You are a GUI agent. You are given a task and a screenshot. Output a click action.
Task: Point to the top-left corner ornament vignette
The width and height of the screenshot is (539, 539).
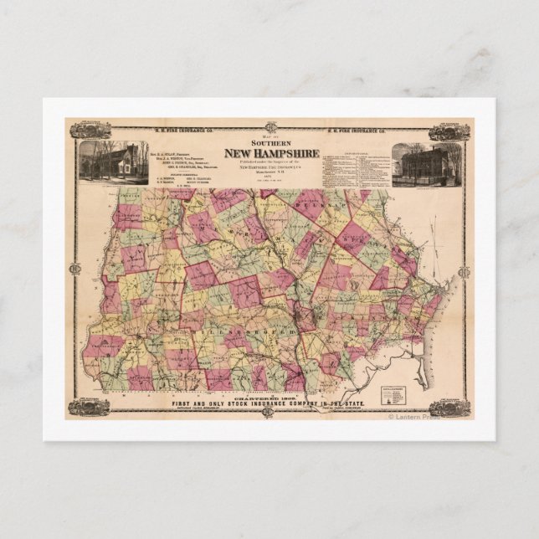(x=90, y=131)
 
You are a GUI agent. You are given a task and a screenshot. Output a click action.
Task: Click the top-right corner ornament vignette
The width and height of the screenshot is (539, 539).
(x=449, y=132)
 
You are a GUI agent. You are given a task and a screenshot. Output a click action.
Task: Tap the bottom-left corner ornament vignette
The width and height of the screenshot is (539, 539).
(x=89, y=407)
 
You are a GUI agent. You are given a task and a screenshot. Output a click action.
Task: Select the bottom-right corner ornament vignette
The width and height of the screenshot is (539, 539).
(x=449, y=408)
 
